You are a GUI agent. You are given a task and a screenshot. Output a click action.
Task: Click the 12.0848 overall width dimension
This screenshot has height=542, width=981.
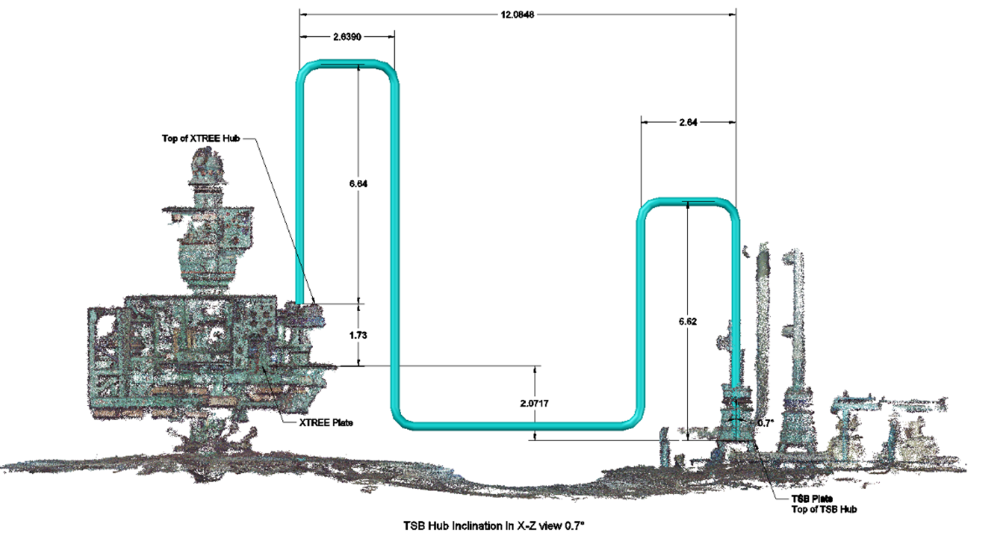tap(517, 14)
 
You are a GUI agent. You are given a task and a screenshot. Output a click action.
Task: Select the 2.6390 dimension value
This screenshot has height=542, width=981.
tap(347, 37)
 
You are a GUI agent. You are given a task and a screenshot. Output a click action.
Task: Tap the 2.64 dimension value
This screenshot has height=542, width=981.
tap(688, 122)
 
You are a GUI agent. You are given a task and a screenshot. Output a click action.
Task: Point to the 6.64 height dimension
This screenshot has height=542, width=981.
tap(358, 184)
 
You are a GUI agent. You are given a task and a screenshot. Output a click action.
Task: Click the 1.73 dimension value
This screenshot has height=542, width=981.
tap(358, 335)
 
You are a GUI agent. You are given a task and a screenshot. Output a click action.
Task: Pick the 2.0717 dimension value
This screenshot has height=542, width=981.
tap(534, 404)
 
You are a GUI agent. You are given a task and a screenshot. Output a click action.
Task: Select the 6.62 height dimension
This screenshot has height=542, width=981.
tap(688, 321)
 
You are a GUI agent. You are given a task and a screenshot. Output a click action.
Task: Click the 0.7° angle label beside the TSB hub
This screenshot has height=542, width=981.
tap(765, 423)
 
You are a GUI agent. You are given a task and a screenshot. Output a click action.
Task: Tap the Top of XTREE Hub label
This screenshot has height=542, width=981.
tap(200, 138)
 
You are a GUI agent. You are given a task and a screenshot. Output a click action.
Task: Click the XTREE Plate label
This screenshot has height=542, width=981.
tap(326, 423)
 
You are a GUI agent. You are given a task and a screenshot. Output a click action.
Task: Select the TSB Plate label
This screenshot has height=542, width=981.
tap(812, 499)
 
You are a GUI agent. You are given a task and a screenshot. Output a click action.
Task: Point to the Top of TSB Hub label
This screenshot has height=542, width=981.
tap(824, 509)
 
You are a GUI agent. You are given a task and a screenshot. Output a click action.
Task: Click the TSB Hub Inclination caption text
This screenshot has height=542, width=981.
tap(494, 526)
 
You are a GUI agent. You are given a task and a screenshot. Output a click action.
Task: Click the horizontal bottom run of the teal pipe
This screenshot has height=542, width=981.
tap(517, 425)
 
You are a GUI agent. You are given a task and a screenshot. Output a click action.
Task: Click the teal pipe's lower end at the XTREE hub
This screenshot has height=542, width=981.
tap(299, 300)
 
